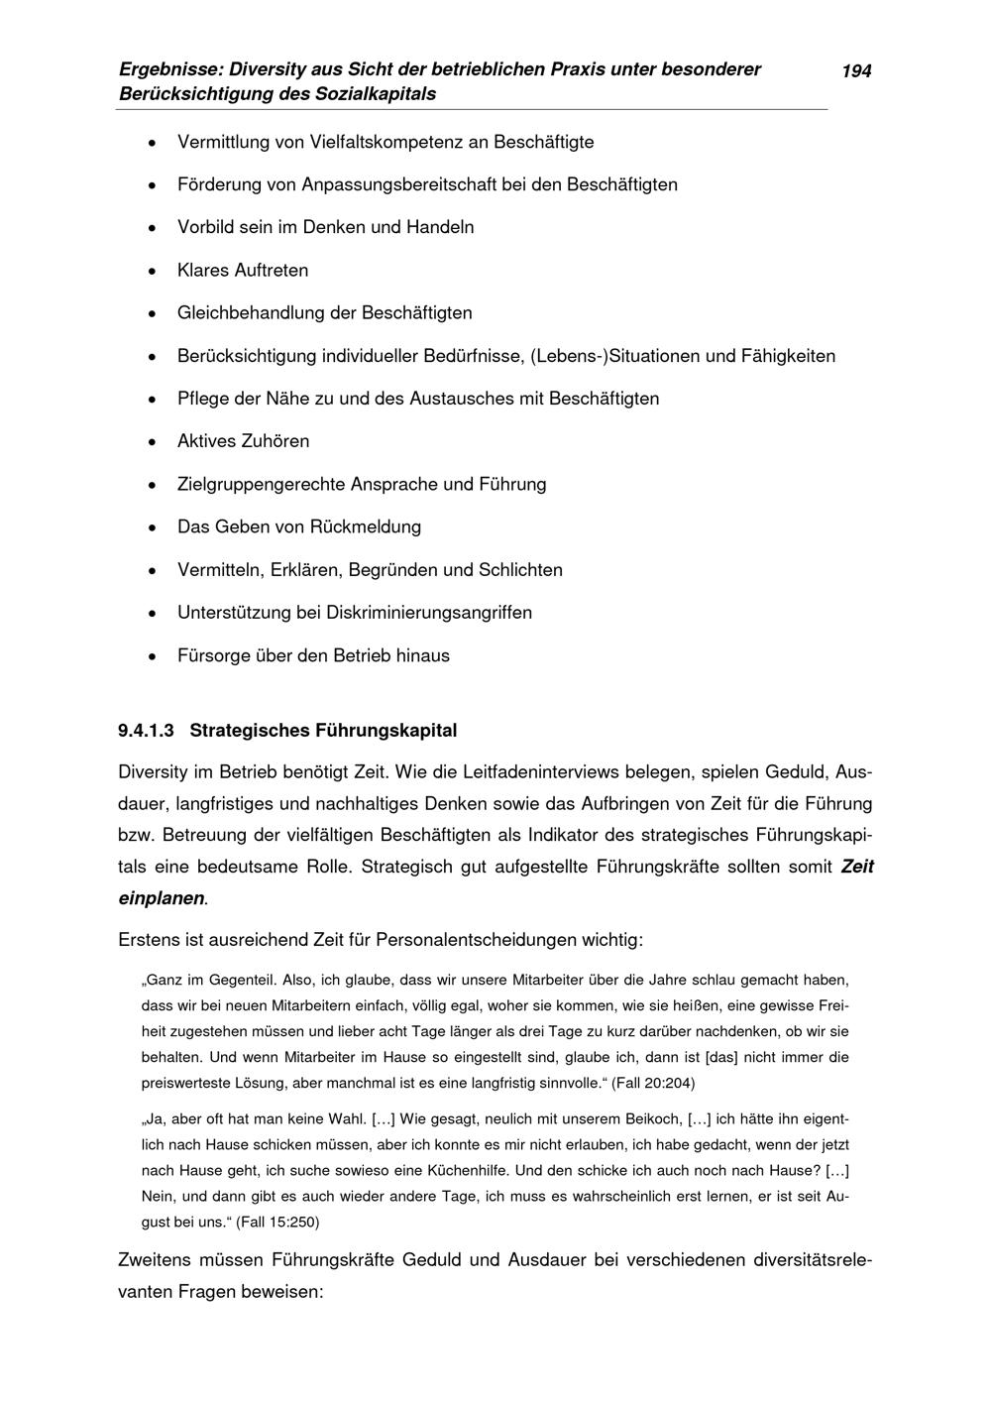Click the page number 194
pyautogui.click(x=856, y=70)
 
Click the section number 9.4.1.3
pyautogui.click(x=146, y=731)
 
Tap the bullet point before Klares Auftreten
pyautogui.click(x=151, y=271)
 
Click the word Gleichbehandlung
pyautogui.click(x=251, y=313)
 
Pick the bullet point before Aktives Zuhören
pyautogui.click(x=151, y=442)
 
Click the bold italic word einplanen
pyautogui.click(x=161, y=898)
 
